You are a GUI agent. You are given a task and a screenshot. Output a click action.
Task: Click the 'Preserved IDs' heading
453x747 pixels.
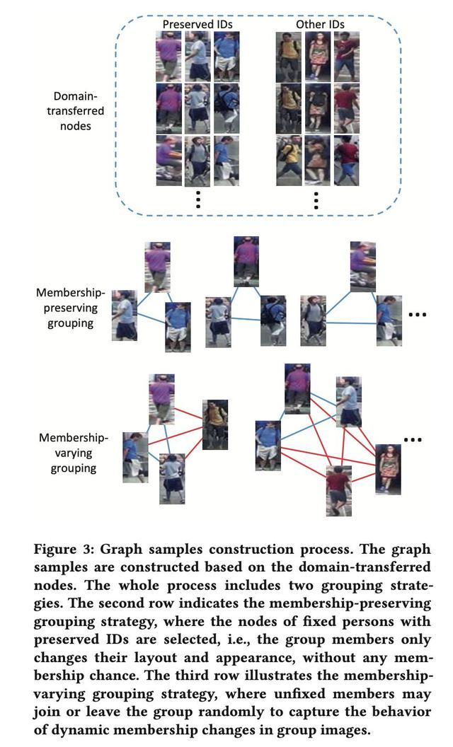coord(197,24)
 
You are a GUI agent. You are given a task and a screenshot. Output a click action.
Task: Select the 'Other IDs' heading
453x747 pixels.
coord(320,24)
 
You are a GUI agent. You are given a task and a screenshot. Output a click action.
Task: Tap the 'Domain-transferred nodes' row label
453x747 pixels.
coord(79,111)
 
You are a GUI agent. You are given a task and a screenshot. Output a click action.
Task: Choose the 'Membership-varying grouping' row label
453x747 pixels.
coord(68,453)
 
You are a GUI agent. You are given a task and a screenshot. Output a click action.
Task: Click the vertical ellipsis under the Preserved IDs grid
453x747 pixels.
coord(198,199)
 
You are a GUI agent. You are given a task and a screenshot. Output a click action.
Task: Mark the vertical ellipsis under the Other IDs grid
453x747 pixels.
coord(316,199)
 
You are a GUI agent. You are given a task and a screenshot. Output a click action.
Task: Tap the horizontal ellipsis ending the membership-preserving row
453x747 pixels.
coord(418,314)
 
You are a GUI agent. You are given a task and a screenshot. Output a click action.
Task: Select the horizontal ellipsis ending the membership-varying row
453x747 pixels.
coord(413,440)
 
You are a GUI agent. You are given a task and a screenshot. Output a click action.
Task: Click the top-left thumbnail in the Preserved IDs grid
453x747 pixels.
coord(168,56)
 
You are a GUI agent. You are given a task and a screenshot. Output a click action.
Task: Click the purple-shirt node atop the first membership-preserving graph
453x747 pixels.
coord(157,267)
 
